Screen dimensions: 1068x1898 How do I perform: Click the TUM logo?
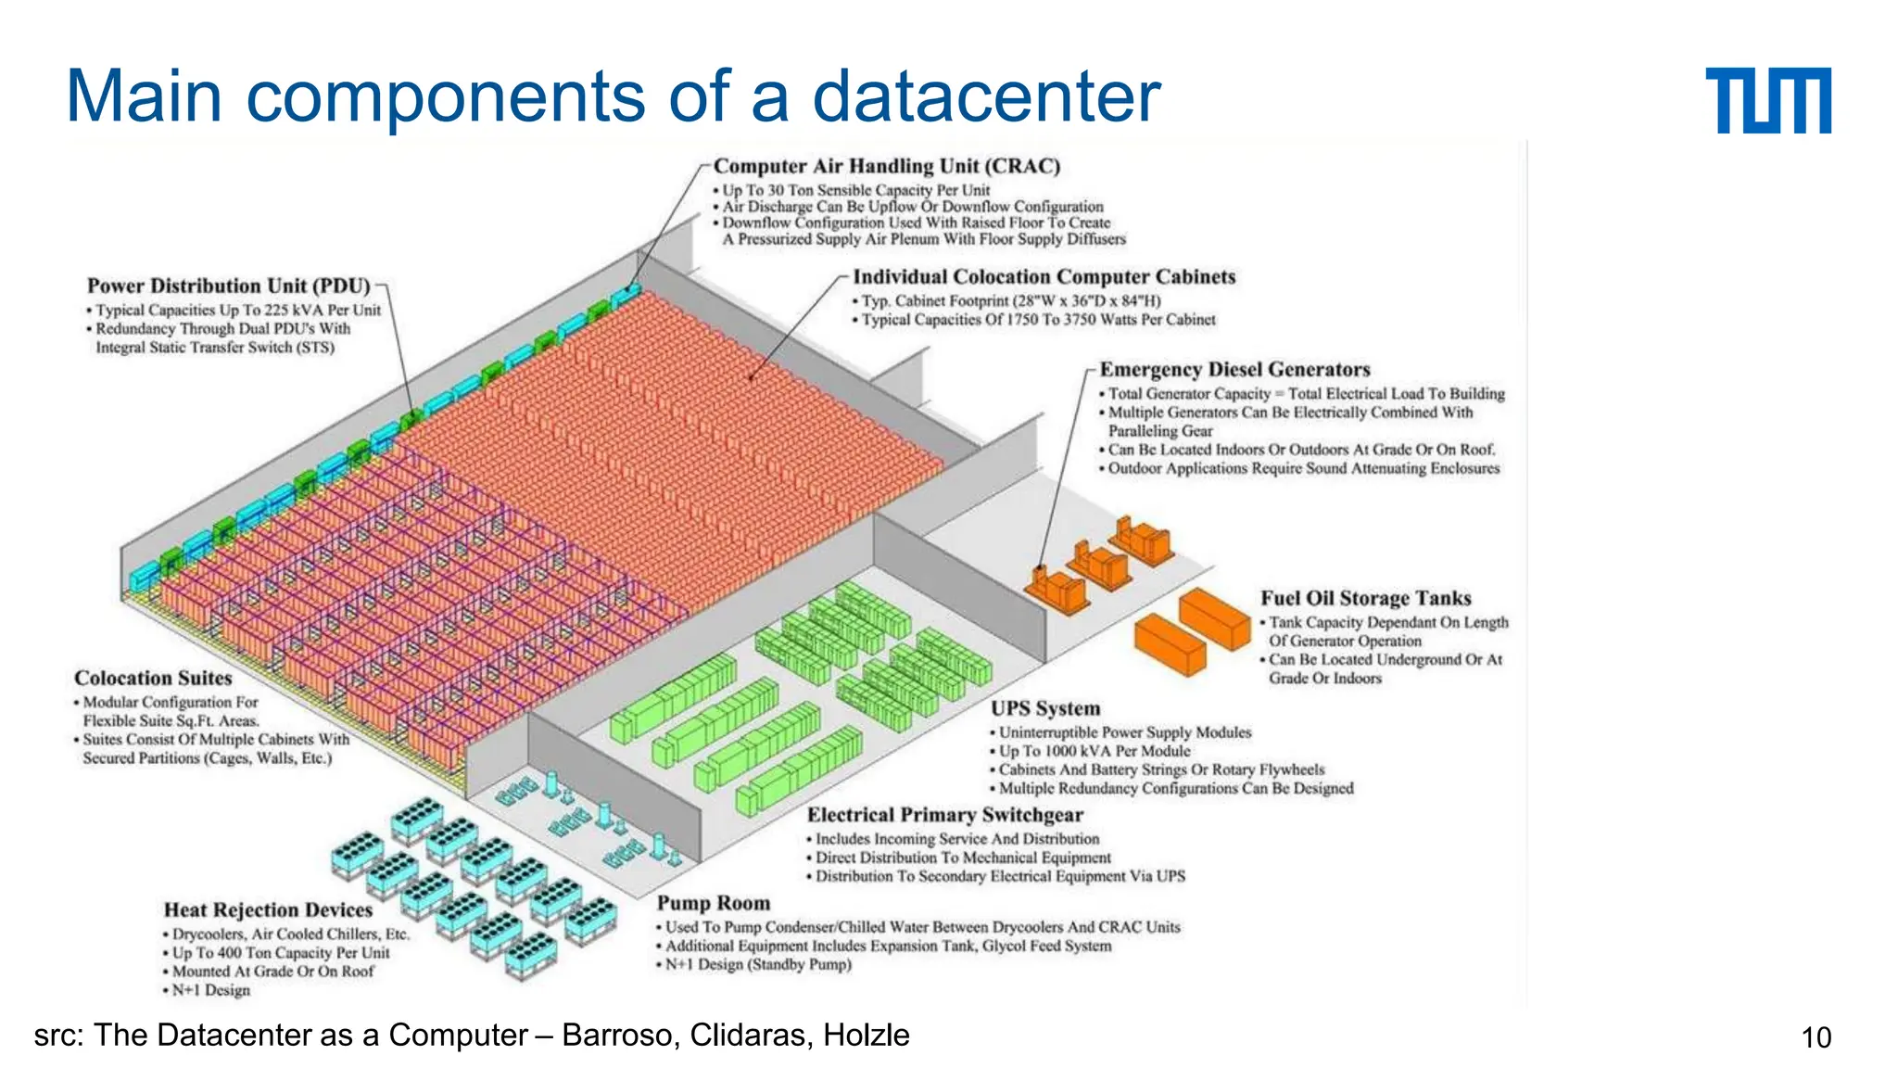coord(1767,100)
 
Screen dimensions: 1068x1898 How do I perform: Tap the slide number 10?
coord(1816,1037)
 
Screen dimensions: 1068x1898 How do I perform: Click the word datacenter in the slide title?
coord(986,96)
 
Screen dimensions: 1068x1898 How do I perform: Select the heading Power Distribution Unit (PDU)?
coord(228,286)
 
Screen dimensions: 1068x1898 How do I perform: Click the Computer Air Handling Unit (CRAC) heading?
coord(886,166)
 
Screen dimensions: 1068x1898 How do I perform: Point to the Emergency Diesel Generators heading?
coord(1234,369)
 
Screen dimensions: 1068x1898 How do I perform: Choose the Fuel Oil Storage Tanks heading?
coord(1365,598)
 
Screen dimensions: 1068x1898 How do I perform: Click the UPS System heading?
coord(1045,708)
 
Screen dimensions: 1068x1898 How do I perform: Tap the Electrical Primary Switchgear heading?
coord(944,815)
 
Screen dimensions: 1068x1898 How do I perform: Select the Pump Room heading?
coord(713,903)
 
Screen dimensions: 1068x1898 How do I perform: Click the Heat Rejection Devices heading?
coord(268,910)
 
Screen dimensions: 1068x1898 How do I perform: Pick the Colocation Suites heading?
coord(153,678)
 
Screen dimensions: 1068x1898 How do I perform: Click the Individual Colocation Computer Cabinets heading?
coord(1044,276)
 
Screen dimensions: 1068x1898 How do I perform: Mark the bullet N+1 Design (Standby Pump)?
coord(757,964)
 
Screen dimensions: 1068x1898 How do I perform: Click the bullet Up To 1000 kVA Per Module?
coord(1094,751)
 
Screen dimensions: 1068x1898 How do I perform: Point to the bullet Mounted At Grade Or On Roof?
coord(272,972)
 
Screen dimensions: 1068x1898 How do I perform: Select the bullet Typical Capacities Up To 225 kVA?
coord(237,310)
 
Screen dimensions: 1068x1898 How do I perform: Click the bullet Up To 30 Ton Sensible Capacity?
coord(855,190)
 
